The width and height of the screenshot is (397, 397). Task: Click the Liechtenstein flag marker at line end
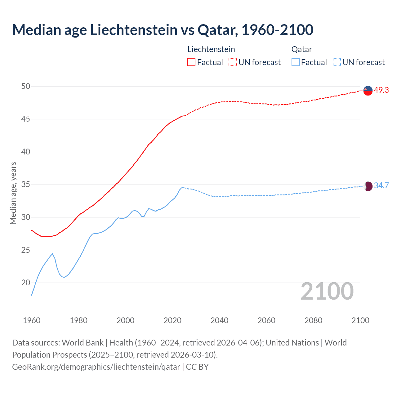tap(368, 90)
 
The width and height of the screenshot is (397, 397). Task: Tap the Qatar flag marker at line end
tap(368, 186)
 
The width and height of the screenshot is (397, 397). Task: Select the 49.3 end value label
tap(381, 90)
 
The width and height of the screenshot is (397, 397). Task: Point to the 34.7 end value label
tap(381, 186)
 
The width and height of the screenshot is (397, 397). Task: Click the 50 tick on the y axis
tap(26, 87)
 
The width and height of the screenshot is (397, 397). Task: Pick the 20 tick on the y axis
tap(26, 283)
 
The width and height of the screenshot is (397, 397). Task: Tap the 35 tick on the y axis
tap(26, 185)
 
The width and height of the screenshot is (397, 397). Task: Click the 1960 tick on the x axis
tap(32, 320)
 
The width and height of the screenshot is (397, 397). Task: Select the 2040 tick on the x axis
tap(219, 320)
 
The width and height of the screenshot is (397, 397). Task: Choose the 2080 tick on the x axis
tap(313, 320)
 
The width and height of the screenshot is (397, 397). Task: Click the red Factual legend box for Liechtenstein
tap(191, 62)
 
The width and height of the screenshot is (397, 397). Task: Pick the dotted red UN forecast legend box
tap(233, 62)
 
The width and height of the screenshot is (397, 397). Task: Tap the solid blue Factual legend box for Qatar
tap(296, 62)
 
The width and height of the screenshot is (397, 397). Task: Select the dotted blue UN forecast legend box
tap(337, 62)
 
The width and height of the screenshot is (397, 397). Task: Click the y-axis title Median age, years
tap(13, 193)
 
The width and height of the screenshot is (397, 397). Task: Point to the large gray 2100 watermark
tap(327, 291)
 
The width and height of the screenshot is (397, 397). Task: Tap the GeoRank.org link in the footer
tap(96, 367)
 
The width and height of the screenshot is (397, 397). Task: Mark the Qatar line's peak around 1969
tap(52, 254)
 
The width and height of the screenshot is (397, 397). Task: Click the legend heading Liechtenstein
tap(211, 49)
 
